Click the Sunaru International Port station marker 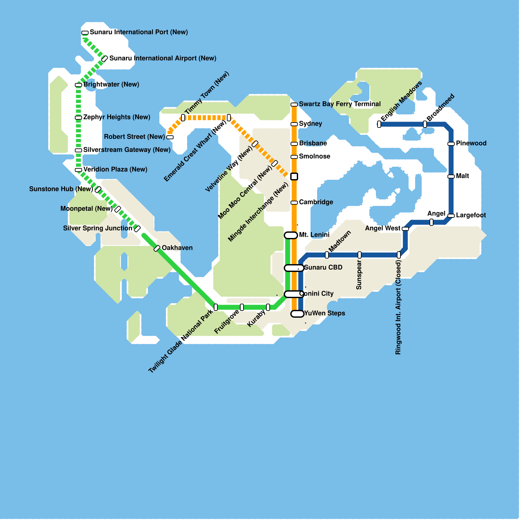pos(85,33)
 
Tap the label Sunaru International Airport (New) pos(163,58)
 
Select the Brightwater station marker pos(78,85)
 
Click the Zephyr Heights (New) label pos(117,117)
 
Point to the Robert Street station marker pos(170,137)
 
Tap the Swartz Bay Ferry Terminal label pos(340,104)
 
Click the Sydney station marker pos(294,124)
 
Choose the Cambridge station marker pos(294,203)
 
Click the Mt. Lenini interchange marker pos(291,235)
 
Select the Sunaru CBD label pos(323,267)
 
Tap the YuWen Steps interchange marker pos(297,314)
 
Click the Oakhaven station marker pos(157,248)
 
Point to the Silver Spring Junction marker pos(137,229)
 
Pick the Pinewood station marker pos(451,144)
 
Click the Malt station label pos(462,176)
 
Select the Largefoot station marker pos(451,216)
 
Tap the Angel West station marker pos(405,229)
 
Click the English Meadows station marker pos(379,124)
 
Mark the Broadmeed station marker pos(425,124)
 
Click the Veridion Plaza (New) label pos(115,169)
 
